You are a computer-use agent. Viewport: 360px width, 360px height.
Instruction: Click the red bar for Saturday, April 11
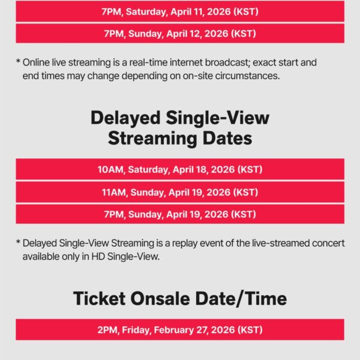[180, 11]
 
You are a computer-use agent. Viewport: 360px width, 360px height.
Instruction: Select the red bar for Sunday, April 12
[180, 33]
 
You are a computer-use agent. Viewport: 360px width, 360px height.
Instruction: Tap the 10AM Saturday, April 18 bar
[180, 170]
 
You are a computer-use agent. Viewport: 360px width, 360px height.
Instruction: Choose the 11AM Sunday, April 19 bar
[180, 192]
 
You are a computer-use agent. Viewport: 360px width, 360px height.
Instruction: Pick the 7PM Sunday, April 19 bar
[180, 214]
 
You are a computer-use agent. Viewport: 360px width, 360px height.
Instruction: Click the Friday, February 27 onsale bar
[180, 329]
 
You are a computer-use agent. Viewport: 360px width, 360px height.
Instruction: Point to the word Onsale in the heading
[167, 298]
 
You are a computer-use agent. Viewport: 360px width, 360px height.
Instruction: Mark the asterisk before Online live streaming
[18, 62]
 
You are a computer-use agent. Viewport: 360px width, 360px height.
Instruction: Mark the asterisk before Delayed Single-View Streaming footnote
[18, 244]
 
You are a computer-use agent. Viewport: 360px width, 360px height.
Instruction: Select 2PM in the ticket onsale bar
[108, 329]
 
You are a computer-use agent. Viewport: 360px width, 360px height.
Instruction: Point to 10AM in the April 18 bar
[110, 170]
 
